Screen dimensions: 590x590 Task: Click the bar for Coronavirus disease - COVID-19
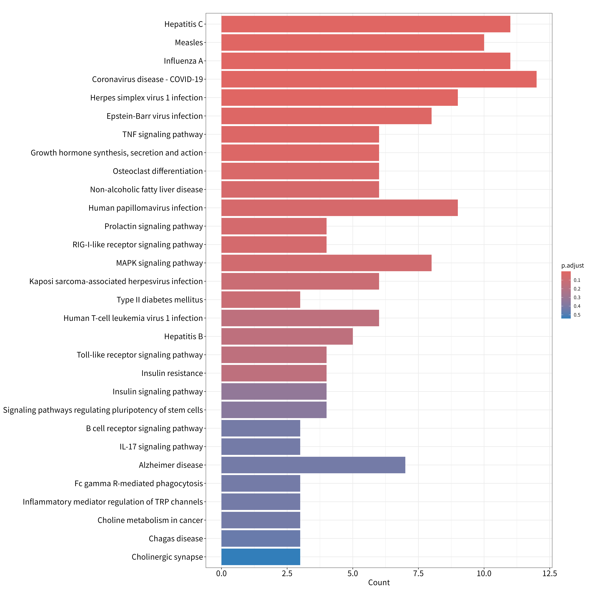tap(379, 79)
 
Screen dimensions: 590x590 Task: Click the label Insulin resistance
tap(172, 373)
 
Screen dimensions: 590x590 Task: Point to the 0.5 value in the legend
tap(577, 315)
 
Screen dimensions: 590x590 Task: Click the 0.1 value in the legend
tap(577, 280)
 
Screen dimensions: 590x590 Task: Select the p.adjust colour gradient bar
tap(566, 295)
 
